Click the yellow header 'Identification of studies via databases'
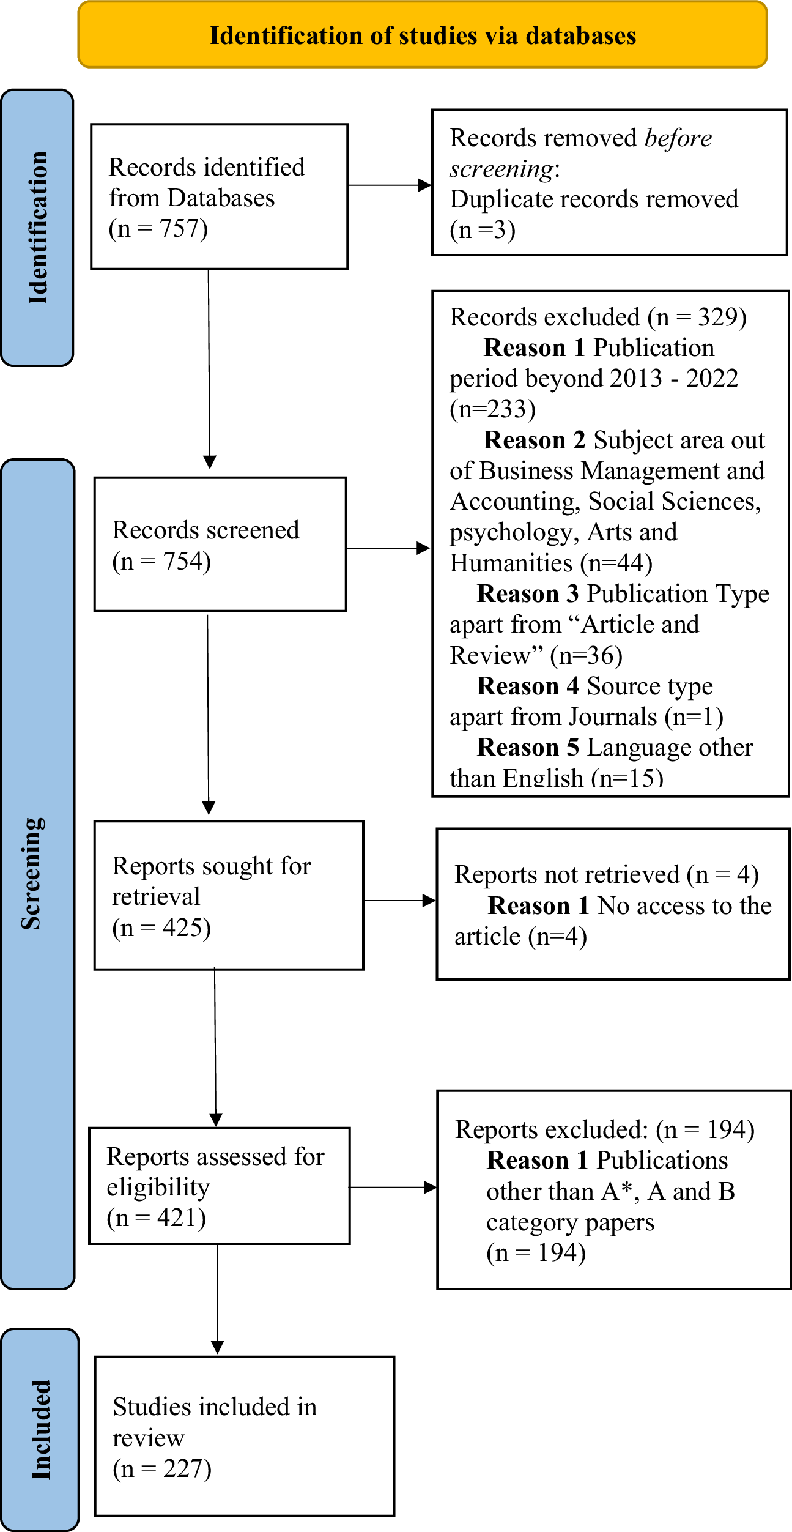click(x=423, y=35)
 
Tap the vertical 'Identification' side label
click(x=38, y=228)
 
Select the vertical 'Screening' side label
click(x=33, y=874)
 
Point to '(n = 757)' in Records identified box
click(x=158, y=229)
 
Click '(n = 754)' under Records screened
click(x=161, y=561)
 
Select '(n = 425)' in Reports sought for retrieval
click(x=161, y=928)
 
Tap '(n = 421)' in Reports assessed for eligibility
click(x=157, y=1218)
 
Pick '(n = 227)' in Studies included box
click(x=162, y=1468)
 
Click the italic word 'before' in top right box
click(x=678, y=138)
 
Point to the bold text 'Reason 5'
click(x=528, y=748)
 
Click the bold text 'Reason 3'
click(x=528, y=594)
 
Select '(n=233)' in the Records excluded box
click(x=492, y=409)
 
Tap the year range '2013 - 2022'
click(x=674, y=378)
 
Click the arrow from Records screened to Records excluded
click(x=389, y=548)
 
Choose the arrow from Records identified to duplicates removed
click(x=390, y=185)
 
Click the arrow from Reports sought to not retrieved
click(x=399, y=900)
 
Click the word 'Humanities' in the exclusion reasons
click(x=511, y=563)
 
